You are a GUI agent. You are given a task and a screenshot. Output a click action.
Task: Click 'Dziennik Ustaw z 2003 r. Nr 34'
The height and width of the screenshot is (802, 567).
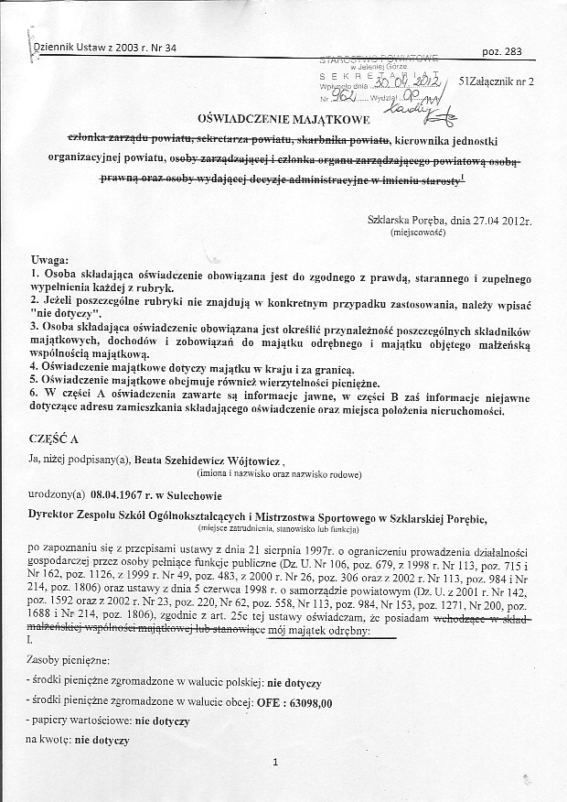pyautogui.click(x=103, y=48)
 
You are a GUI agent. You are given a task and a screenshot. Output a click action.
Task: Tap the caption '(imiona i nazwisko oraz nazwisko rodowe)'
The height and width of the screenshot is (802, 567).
pyautogui.click(x=279, y=475)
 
